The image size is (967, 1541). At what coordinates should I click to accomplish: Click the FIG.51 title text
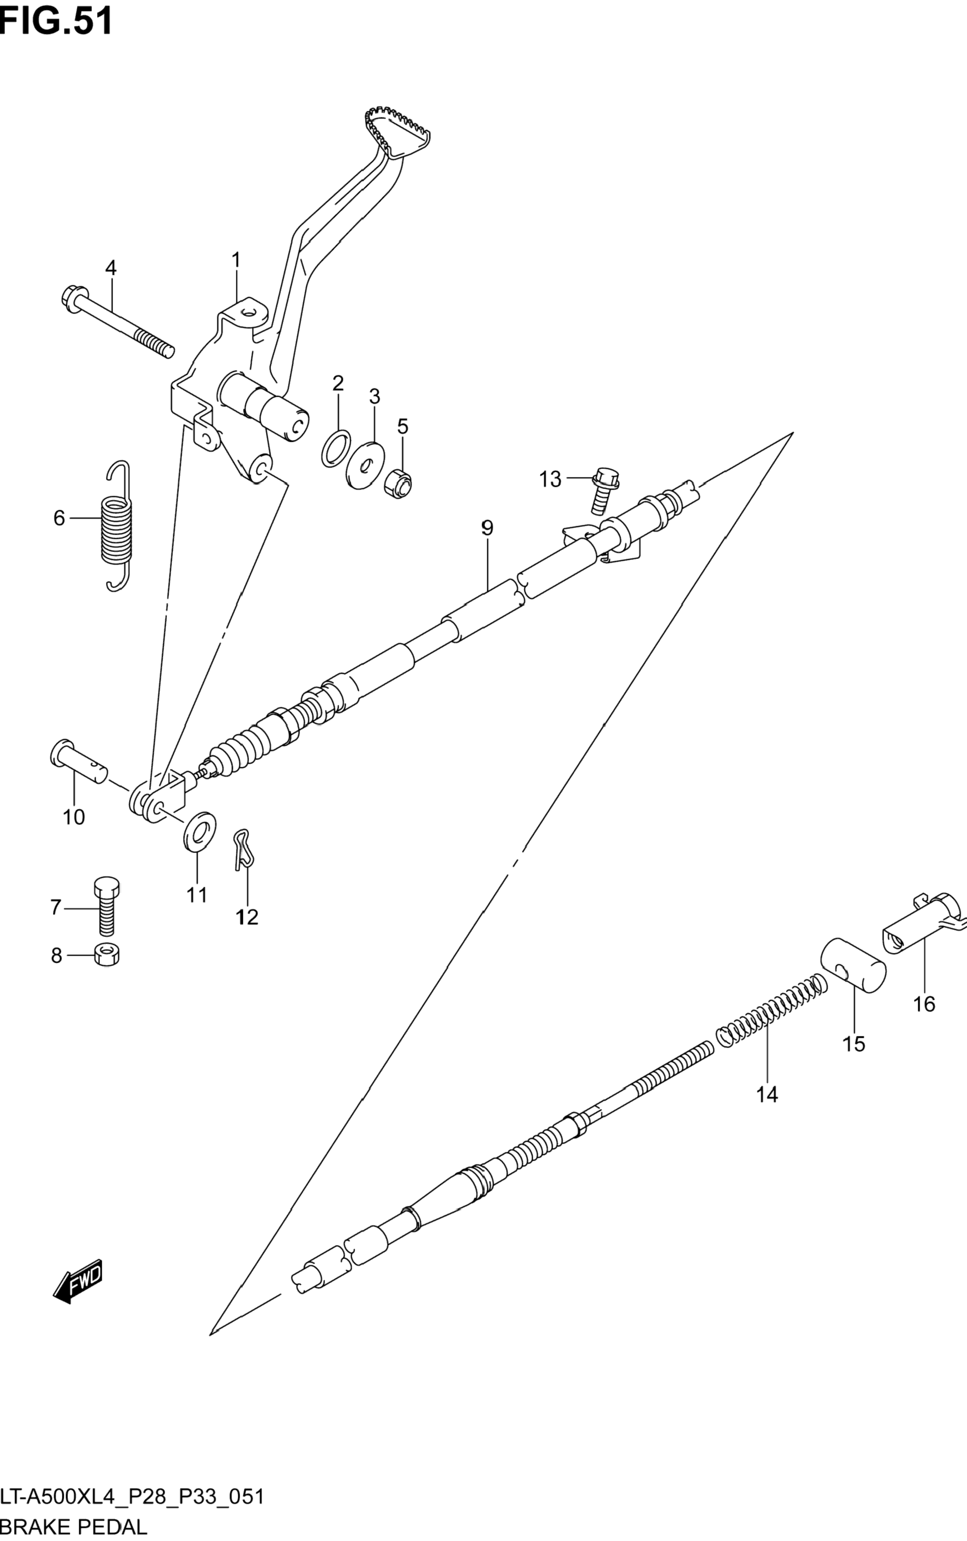pyautogui.click(x=56, y=21)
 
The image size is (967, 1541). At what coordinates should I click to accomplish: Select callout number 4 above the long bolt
pyautogui.click(x=111, y=268)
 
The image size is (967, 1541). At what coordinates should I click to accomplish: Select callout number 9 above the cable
pyautogui.click(x=487, y=528)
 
